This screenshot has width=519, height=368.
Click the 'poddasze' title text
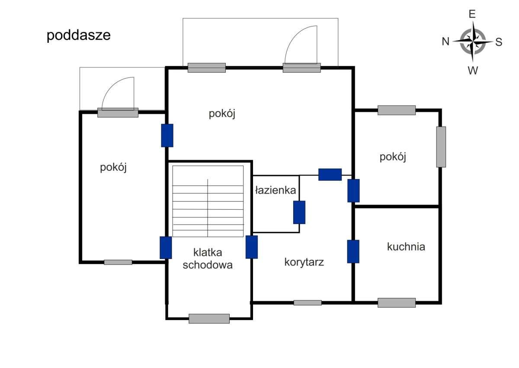click(78, 35)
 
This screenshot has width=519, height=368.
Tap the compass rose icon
click(473, 42)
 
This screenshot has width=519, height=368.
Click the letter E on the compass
click(472, 14)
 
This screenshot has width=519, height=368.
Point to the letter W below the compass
click(473, 70)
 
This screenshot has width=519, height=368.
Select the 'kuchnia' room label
click(406, 247)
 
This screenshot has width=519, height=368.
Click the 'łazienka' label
click(276, 190)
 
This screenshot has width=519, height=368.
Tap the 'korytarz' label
click(304, 262)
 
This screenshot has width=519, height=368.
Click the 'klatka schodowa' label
click(208, 259)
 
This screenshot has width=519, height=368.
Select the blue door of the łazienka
click(299, 212)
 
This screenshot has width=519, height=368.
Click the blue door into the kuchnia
click(353, 251)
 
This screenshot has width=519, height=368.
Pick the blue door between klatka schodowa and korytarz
click(252, 247)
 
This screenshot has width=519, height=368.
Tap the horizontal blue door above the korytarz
click(330, 174)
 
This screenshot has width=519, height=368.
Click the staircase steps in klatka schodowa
click(208, 202)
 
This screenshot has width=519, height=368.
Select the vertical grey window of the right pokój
click(441, 147)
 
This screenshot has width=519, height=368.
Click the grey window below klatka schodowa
click(209, 319)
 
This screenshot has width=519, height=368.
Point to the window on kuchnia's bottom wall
click(396, 303)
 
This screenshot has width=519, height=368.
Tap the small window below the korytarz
click(308, 303)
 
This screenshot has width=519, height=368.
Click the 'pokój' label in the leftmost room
click(113, 167)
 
